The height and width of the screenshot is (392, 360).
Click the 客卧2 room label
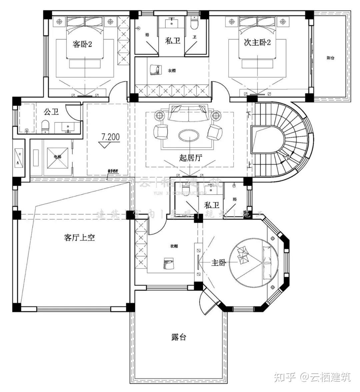click(x=82, y=44)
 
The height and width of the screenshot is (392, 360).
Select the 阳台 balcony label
click(x=330, y=58)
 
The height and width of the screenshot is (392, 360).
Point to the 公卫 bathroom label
click(x=51, y=111)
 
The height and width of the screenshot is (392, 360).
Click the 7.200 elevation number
click(x=110, y=137)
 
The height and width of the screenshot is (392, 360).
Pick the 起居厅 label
click(x=190, y=157)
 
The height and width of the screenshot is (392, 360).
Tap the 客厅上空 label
click(x=79, y=237)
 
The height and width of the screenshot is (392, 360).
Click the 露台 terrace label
click(x=179, y=337)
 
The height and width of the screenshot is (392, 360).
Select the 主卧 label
click(x=219, y=263)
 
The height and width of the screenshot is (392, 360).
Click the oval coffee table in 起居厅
click(x=189, y=136)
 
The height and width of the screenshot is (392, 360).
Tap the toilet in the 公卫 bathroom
click(x=45, y=126)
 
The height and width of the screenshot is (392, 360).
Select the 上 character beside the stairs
click(x=249, y=165)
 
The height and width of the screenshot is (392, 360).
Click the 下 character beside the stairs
click(x=248, y=113)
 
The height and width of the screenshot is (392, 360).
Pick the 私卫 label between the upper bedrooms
click(x=173, y=41)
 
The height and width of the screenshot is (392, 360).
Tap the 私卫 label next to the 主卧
click(x=212, y=205)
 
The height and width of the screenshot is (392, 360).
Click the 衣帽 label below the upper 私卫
click(x=172, y=71)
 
